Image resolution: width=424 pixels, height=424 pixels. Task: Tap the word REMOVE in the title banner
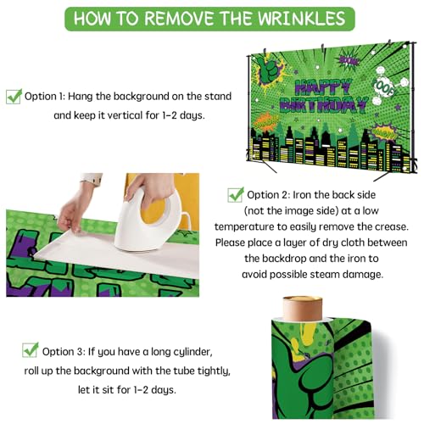[x=181, y=19]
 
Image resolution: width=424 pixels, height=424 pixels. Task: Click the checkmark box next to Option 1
[x=14, y=97]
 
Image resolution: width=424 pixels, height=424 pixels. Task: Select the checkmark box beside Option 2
[x=236, y=195]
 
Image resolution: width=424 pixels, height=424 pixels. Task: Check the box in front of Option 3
[x=31, y=349]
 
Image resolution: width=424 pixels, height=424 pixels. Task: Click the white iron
[x=149, y=221]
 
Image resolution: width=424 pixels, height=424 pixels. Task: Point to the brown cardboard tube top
[x=303, y=308]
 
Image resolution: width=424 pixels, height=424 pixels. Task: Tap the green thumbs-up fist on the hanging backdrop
[x=269, y=70]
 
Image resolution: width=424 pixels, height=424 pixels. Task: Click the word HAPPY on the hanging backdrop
[x=323, y=87]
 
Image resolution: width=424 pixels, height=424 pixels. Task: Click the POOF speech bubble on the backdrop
[x=384, y=86]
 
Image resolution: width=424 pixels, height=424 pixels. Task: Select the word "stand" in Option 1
[x=218, y=96]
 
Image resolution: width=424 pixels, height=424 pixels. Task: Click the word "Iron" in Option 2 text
[x=302, y=195]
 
